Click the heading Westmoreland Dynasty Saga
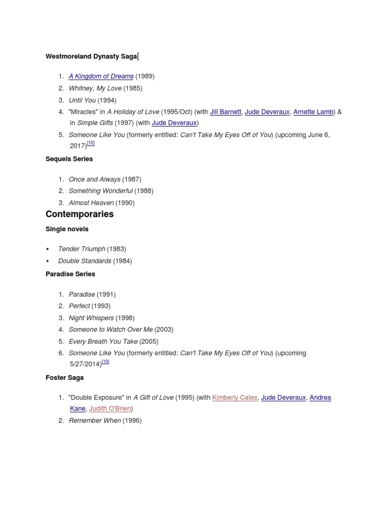[x=91, y=57]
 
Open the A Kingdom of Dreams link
[x=101, y=76]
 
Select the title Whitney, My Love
[x=95, y=89]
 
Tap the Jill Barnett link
[x=225, y=112]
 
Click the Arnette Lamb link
[x=313, y=112]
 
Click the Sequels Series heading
[x=69, y=159]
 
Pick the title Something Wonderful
[x=101, y=191]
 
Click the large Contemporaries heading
[x=80, y=214]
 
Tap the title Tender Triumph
[x=82, y=249]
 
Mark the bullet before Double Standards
[x=47, y=261]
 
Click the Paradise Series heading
[x=70, y=274]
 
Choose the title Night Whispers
[x=91, y=318]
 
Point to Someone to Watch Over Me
[x=111, y=329]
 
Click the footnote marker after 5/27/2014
[x=106, y=362]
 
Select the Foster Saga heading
[x=65, y=377]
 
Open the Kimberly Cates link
[x=235, y=398]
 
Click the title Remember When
[x=95, y=420]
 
